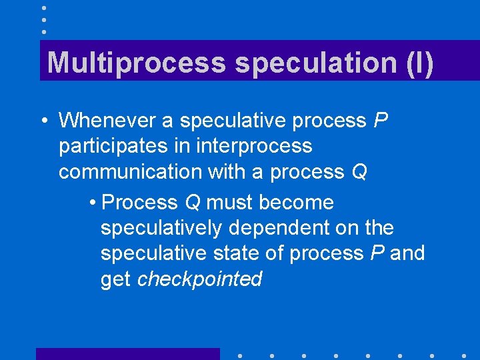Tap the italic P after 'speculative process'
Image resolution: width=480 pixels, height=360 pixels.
tap(381, 121)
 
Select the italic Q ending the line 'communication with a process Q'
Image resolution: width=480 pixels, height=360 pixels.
tap(359, 172)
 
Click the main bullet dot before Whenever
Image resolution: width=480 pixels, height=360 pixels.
tap(42, 121)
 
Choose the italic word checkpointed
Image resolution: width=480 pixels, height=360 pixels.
tap(199, 279)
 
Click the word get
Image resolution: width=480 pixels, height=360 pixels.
tap(115, 279)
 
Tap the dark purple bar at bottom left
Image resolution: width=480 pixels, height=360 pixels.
tap(127, 354)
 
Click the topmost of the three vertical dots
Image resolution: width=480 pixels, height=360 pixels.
tap(43, 8)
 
